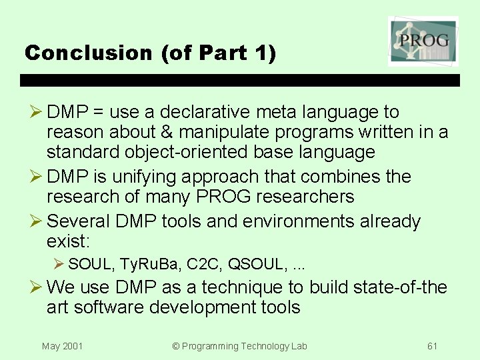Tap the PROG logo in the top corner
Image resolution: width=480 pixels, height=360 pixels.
pos(423,41)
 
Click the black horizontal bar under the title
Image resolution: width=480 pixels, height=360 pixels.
pos(240,80)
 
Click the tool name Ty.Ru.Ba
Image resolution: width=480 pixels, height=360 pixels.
pos(151,265)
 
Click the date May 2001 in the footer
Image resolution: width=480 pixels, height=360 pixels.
pos(62,346)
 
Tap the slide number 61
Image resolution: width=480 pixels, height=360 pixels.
pos(432,346)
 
